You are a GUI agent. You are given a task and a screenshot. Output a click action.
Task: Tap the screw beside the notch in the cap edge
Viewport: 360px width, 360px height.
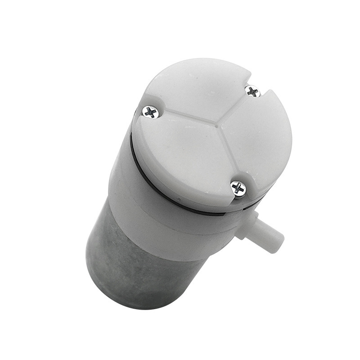253,91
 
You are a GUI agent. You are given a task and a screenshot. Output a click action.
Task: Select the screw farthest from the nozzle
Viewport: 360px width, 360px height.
151,112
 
